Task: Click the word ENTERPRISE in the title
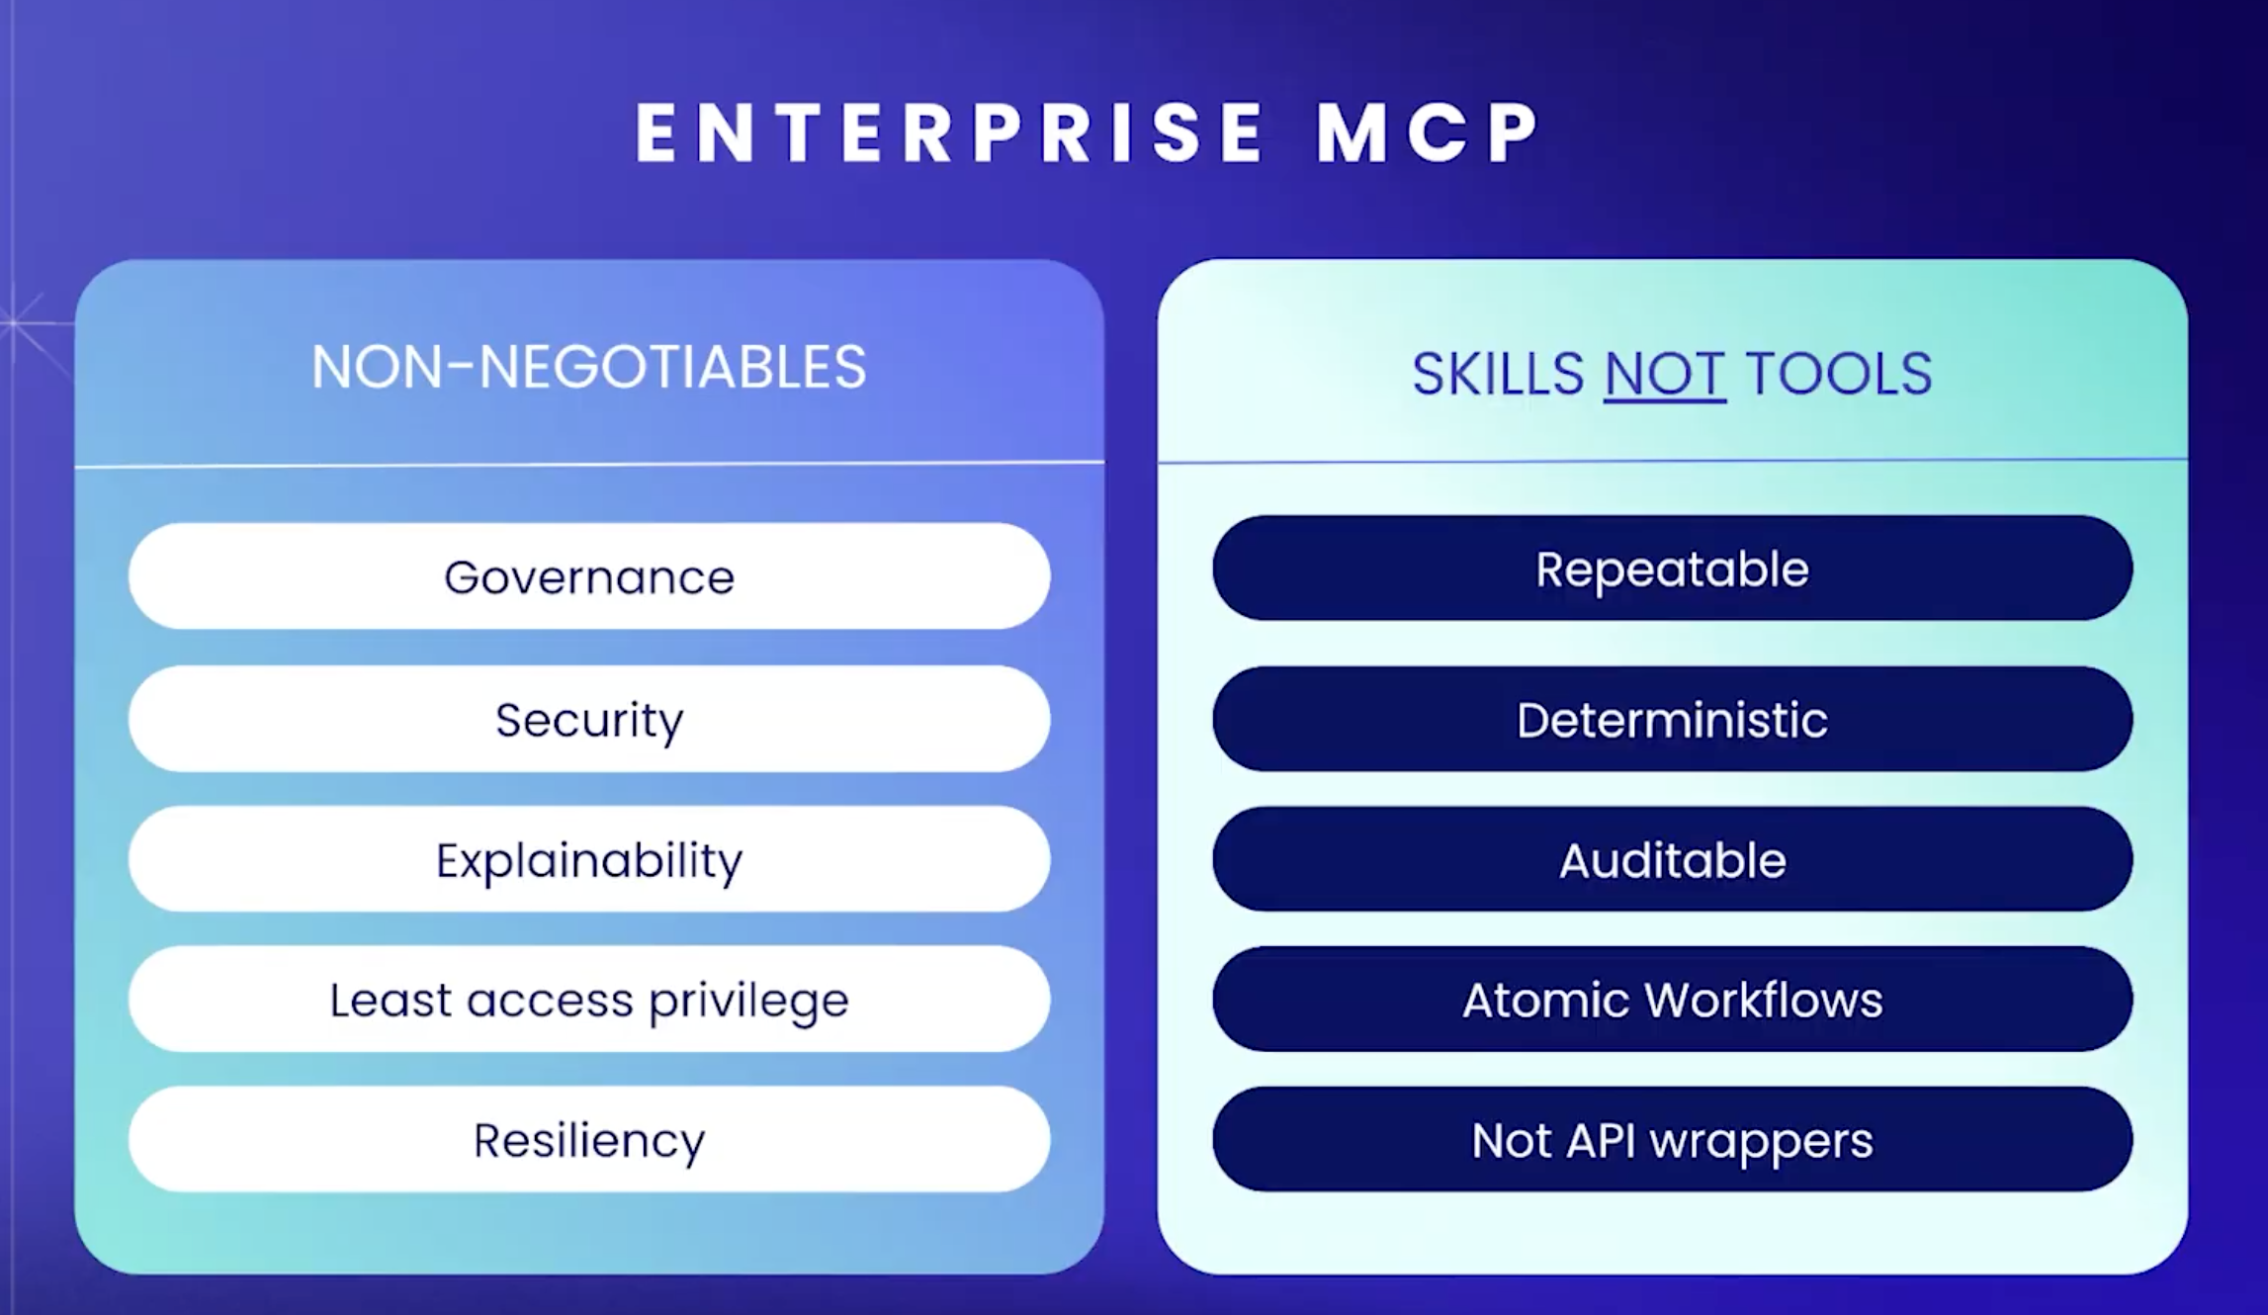[950, 132]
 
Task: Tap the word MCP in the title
[1428, 132]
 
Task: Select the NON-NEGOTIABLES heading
[589, 367]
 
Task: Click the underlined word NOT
[1665, 374]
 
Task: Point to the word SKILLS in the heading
[1497, 374]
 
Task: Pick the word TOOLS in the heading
[1839, 374]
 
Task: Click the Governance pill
[589, 576]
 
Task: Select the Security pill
[589, 719]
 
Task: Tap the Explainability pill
[589, 859]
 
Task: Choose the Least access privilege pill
[589, 1000]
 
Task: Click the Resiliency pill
[589, 1140]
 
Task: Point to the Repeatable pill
[1673, 569]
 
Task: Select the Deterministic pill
[1673, 719]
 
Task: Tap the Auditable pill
[1673, 859]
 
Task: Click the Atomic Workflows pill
[1673, 1000]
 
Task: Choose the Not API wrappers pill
[1673, 1140]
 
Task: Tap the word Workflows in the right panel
[1765, 1000]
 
